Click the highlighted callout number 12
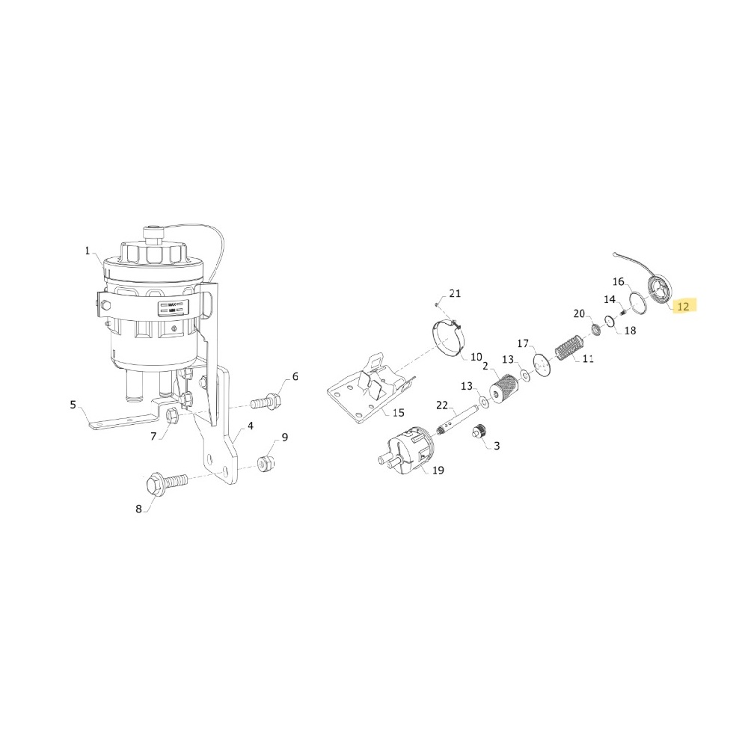tap(684, 306)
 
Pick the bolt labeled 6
tap(264, 402)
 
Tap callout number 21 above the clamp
tap(456, 293)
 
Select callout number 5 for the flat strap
tap(73, 405)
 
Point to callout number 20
tap(578, 313)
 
